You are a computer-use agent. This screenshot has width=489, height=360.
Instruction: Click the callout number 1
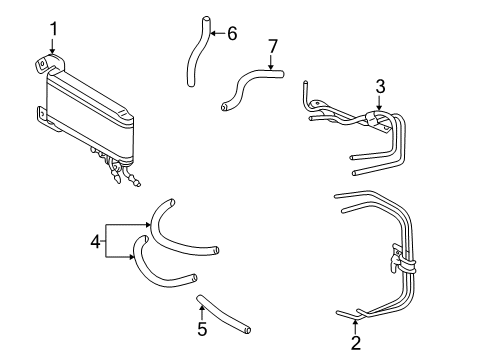tap(53, 29)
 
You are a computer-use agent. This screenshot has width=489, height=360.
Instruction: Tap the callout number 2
tap(356, 343)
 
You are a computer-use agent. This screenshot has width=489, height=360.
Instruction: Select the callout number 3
tap(380, 86)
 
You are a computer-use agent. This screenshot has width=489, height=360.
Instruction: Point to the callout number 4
tap(95, 241)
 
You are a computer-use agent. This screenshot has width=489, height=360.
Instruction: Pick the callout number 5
tap(202, 329)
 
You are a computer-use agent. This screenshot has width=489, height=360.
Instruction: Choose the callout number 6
tap(232, 33)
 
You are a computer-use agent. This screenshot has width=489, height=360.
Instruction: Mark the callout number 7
tap(273, 46)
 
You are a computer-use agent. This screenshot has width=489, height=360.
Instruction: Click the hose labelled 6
tap(197, 53)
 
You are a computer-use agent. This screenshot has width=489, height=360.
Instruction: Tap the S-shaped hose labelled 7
tap(245, 82)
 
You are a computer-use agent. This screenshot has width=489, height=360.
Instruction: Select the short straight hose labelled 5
tap(223, 314)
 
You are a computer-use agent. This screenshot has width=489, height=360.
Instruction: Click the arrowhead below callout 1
tap(52, 51)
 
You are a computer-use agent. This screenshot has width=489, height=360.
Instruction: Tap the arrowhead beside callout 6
tap(213, 33)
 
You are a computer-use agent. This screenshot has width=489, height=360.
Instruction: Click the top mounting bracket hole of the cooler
tap(41, 63)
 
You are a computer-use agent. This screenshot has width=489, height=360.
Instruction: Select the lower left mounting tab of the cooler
tap(41, 114)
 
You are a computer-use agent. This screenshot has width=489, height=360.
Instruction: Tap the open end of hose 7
tap(224, 107)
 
